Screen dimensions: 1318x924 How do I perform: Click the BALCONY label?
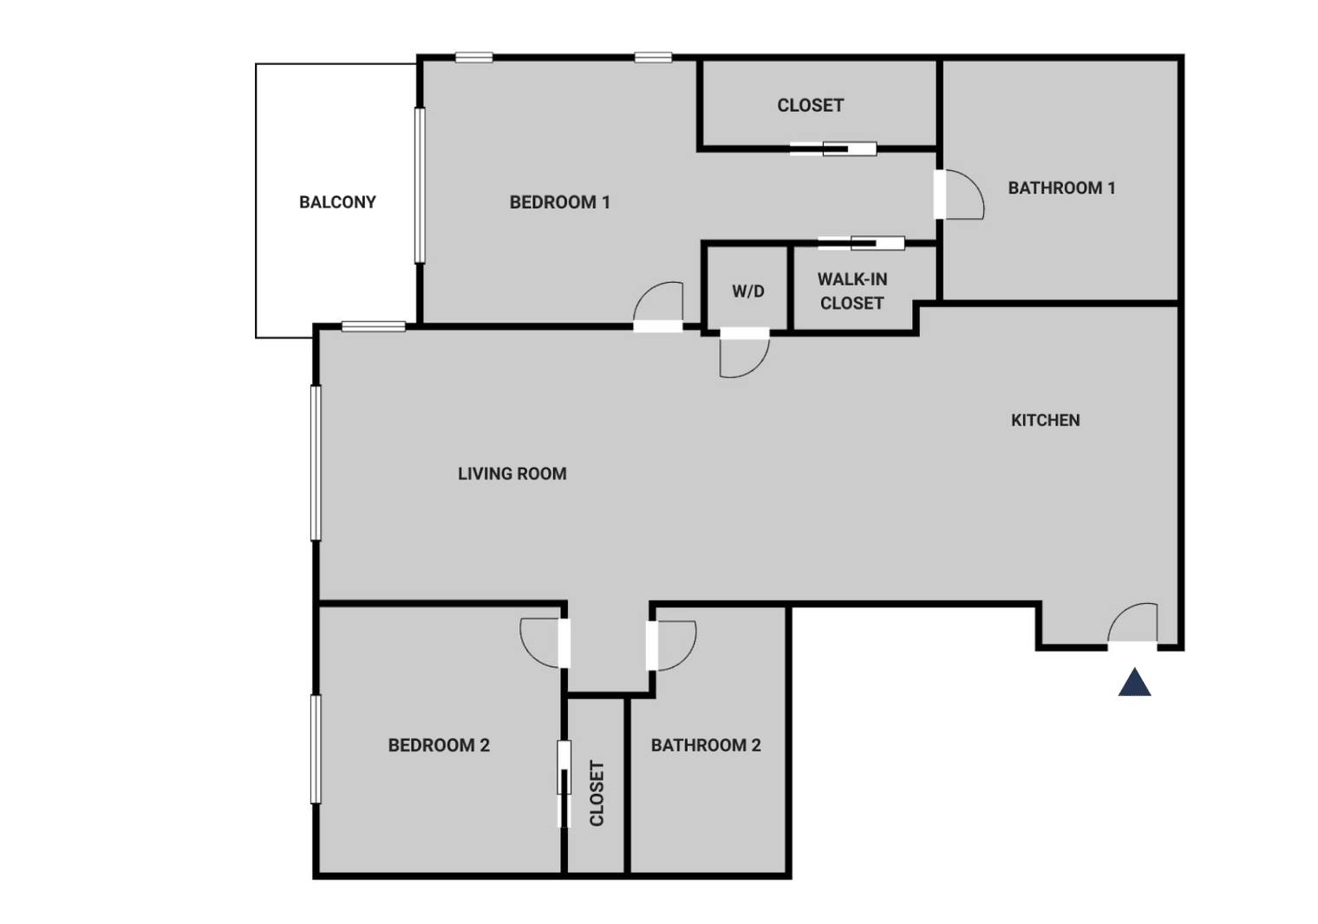[x=337, y=202]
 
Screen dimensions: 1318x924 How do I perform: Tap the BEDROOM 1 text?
[x=559, y=202]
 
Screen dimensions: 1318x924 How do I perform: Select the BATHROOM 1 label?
[x=1061, y=188]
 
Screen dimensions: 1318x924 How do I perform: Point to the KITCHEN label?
[x=1045, y=420]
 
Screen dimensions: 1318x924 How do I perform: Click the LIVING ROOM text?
[x=512, y=474]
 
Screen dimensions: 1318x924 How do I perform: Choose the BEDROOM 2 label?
[x=439, y=745]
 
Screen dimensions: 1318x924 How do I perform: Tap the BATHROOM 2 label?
[x=706, y=745]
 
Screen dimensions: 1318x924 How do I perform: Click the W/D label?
[x=747, y=291]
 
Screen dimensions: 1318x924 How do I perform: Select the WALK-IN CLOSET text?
[x=852, y=291]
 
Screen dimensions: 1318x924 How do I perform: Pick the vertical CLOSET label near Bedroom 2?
[x=597, y=793]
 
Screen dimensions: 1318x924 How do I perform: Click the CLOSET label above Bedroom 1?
[x=810, y=106]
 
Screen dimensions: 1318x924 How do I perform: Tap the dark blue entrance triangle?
[x=1134, y=682]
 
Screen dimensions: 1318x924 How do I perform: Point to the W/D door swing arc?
[x=755, y=368]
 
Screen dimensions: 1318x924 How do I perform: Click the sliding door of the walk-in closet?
[x=861, y=243]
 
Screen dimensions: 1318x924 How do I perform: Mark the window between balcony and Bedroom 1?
[x=420, y=185]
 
